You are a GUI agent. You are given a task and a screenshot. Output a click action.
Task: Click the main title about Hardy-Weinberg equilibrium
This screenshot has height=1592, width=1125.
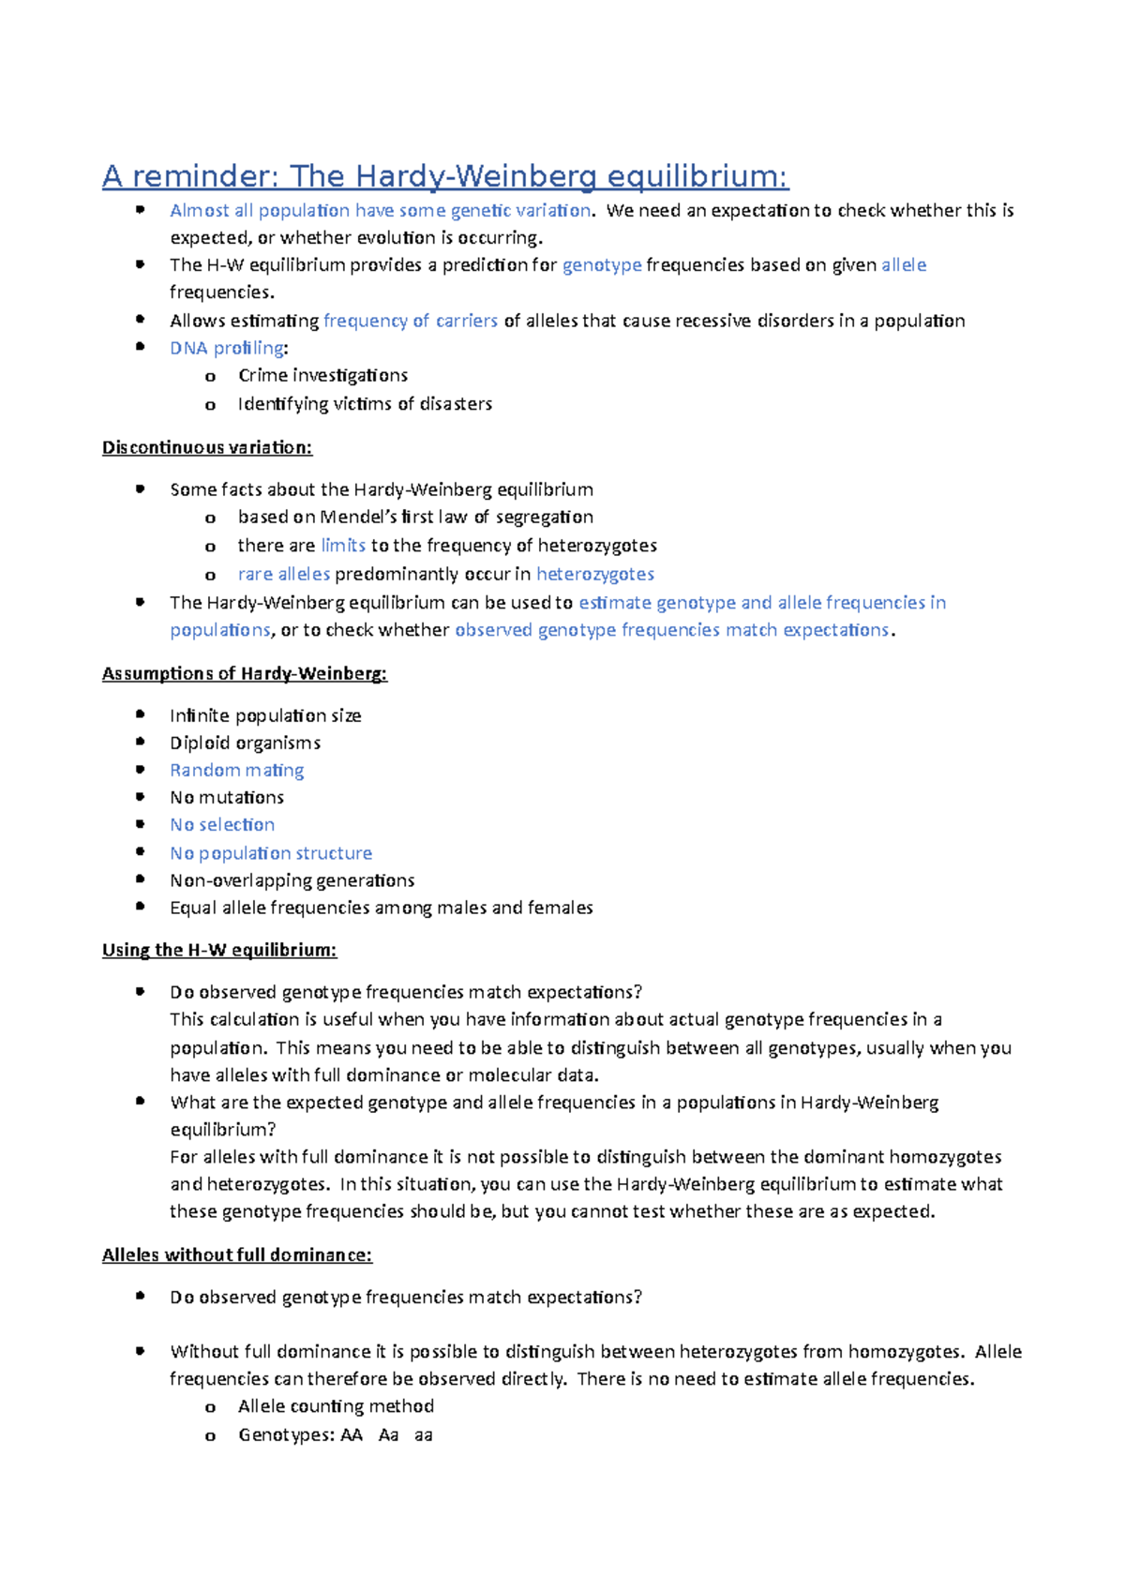tap(445, 176)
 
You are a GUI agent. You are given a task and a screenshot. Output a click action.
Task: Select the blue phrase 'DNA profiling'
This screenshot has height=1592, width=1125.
tap(227, 348)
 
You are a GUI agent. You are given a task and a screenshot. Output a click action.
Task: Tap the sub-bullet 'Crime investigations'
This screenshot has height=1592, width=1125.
tap(322, 375)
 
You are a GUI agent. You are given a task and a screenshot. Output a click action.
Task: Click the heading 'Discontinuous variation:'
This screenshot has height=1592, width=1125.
tap(206, 447)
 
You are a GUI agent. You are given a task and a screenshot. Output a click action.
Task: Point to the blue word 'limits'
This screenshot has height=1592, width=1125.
tap(343, 545)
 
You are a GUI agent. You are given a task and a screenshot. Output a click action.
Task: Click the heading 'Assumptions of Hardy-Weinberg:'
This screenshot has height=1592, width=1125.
tap(244, 673)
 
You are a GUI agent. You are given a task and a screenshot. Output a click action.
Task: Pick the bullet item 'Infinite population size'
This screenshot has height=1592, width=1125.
tap(265, 715)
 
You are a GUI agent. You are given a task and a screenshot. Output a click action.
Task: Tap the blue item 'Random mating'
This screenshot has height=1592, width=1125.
tap(236, 770)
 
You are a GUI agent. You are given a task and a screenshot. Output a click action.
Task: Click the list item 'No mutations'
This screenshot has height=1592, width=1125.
tap(227, 797)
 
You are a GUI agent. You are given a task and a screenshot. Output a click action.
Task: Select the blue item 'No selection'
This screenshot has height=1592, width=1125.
tap(222, 824)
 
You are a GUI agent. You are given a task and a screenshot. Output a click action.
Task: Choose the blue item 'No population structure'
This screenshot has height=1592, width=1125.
tap(271, 853)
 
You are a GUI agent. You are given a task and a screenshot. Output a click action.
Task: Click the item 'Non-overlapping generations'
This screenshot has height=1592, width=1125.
tap(292, 880)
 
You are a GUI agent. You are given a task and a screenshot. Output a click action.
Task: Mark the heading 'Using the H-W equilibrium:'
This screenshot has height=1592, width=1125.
tap(218, 950)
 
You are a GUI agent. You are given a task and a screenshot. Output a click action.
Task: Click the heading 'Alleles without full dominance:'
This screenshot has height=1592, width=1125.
tap(236, 1254)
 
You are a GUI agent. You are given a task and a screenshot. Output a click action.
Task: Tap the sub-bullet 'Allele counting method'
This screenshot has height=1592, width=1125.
tap(336, 1406)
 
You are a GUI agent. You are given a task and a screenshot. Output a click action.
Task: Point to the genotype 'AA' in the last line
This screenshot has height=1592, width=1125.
tap(352, 1434)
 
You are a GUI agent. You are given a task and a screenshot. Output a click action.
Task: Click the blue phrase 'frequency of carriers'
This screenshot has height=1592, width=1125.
tap(410, 321)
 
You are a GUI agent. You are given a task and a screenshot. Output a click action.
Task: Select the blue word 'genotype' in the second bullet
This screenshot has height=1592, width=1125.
tap(602, 265)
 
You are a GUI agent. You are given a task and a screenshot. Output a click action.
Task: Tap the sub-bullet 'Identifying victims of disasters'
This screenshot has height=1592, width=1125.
tap(365, 404)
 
